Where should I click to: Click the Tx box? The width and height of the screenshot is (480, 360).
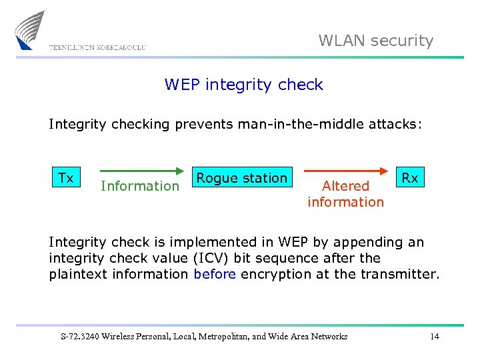pos(66,178)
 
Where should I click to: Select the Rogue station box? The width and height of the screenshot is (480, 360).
pos(241,178)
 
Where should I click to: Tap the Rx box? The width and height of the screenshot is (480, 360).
pos(409,178)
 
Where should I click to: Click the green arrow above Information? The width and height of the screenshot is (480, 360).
pos(141,171)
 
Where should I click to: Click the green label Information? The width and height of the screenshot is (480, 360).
pos(140,186)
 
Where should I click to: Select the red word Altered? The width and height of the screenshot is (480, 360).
pos(345,186)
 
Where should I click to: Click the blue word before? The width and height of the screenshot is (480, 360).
pos(215,274)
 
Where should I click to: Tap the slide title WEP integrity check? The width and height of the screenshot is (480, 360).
pos(243,85)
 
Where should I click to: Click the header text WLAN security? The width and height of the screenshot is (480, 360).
pos(376,41)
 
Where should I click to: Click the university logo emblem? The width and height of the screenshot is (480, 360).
pos(30,29)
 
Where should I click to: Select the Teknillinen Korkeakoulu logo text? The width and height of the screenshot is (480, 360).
pos(97,47)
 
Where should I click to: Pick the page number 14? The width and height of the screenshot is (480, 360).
pos(435,336)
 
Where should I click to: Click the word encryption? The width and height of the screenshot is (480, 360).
pos(273,274)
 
